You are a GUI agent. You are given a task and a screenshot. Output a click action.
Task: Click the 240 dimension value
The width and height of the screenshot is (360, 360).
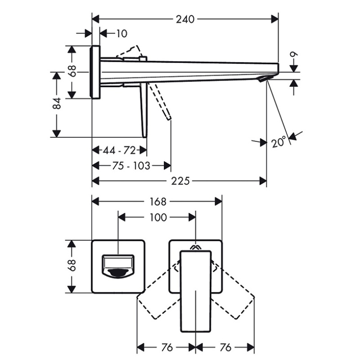tap(185, 19)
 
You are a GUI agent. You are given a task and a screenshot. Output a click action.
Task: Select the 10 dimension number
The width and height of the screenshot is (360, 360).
tap(121, 34)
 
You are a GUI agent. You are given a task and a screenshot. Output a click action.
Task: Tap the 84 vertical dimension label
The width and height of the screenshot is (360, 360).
tap(57, 103)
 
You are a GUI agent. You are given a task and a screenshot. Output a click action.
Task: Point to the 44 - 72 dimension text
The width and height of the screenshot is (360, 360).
tap(119, 151)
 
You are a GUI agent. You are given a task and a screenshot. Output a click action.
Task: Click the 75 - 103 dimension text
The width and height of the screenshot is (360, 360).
tap(131, 166)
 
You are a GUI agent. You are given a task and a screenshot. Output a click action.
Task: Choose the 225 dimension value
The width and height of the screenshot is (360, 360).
tap(180, 181)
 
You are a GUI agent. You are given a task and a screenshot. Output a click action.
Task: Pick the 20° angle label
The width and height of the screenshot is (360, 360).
tap(279, 142)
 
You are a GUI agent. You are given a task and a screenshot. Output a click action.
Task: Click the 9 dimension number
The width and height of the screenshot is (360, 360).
tap(294, 54)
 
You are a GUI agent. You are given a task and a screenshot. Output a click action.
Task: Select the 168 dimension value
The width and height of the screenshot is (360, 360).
tap(158, 202)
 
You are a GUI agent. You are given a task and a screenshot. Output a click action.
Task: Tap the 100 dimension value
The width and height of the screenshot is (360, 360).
tap(158, 217)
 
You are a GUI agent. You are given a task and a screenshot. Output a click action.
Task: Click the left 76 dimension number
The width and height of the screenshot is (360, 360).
tap(167, 347)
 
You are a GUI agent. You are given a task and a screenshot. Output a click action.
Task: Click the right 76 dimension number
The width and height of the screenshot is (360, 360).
tap(225, 347)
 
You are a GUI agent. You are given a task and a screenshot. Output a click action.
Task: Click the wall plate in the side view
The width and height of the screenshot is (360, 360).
tap(95, 72)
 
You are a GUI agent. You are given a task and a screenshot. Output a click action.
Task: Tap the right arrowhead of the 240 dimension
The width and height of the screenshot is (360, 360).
tap(274, 19)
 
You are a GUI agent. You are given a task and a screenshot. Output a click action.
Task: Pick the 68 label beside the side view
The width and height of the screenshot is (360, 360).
tap(72, 71)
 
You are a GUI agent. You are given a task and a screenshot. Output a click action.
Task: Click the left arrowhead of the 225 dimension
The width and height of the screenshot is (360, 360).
tap(95, 181)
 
